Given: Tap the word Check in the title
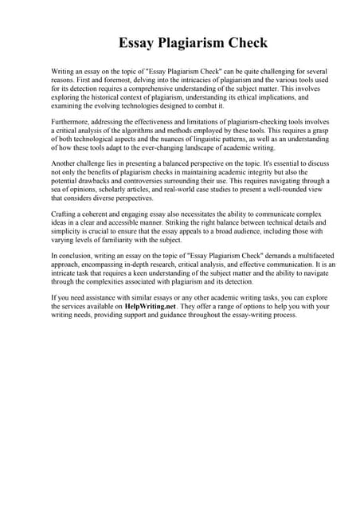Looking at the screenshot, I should coord(244,42).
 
